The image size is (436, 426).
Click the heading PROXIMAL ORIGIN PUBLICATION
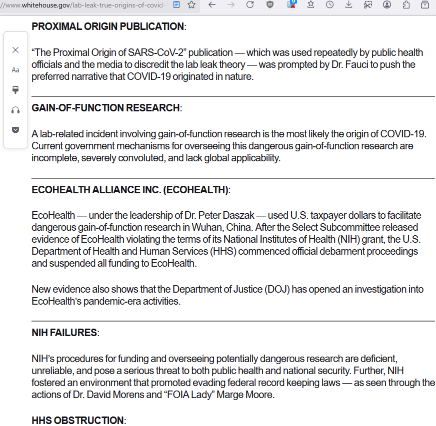point(107,26)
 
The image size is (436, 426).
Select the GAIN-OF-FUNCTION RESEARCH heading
point(105,108)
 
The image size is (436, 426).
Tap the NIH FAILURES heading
point(64,333)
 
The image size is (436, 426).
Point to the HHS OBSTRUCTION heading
point(77,421)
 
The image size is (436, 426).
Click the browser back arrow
point(212,5)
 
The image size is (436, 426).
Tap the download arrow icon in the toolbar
point(348,5)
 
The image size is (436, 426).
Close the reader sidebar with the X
point(15,50)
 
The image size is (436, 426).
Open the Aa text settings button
point(15,70)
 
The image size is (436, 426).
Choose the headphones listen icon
point(15,110)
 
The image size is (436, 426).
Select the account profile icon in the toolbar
point(387,5)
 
